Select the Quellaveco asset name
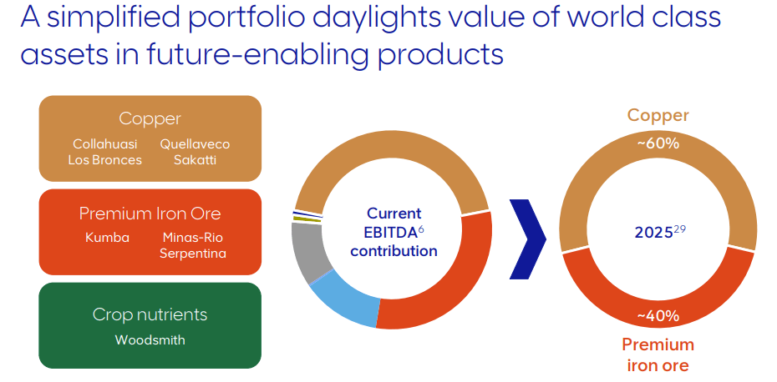pos(195,144)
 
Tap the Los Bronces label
pos(104,160)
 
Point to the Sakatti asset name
pos(195,160)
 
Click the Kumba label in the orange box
pos(107,238)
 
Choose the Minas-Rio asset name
pos(193,238)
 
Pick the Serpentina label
pos(193,254)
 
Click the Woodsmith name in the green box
pos(150,340)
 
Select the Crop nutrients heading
pos(150,314)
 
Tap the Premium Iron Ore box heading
pos(150,213)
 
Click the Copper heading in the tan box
pos(150,118)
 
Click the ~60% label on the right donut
pos(658,143)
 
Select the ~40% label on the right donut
pos(658,316)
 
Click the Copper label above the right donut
pos(658,116)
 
